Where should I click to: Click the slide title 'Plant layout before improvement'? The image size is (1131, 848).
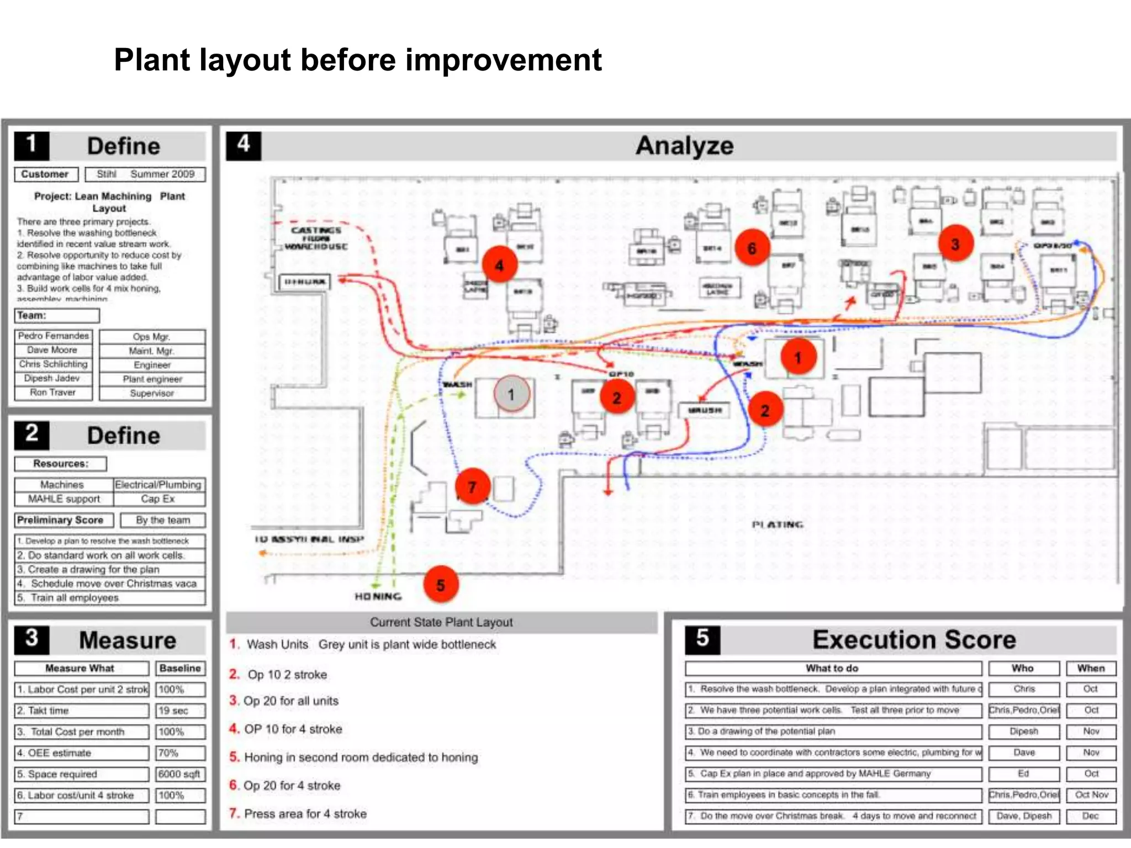(357, 60)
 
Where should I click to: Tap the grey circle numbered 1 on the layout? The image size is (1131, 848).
(511, 394)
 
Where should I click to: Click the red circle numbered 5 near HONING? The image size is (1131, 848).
(441, 585)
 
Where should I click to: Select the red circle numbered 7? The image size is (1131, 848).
(472, 486)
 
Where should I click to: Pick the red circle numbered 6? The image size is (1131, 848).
(752, 248)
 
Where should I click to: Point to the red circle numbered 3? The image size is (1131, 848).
(955, 244)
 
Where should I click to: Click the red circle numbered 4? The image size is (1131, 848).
(499, 265)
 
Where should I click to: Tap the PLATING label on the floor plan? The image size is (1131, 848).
(777, 524)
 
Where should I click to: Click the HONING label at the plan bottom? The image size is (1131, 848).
(378, 596)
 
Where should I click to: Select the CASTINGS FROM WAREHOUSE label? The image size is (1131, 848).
(316, 238)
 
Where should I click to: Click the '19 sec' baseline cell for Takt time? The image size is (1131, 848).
(180, 711)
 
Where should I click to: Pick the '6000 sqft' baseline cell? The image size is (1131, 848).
(180, 774)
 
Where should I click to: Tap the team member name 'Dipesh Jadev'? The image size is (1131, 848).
(52, 378)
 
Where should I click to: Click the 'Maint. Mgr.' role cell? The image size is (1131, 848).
(152, 351)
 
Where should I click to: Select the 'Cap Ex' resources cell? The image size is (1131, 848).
(158, 499)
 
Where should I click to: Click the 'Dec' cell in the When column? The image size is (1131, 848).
(1091, 816)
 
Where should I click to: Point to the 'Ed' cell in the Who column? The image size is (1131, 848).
(1023, 773)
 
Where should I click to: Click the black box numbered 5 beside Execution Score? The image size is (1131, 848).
(702, 639)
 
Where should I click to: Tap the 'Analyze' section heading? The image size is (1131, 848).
(684, 146)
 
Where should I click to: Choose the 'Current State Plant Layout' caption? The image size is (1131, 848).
(441, 622)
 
